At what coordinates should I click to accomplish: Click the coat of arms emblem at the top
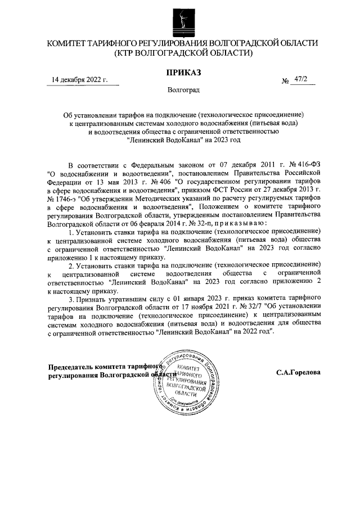(x=180, y=21)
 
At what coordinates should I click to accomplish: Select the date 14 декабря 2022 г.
(x=79, y=79)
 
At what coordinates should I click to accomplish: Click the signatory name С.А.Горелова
(x=298, y=372)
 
